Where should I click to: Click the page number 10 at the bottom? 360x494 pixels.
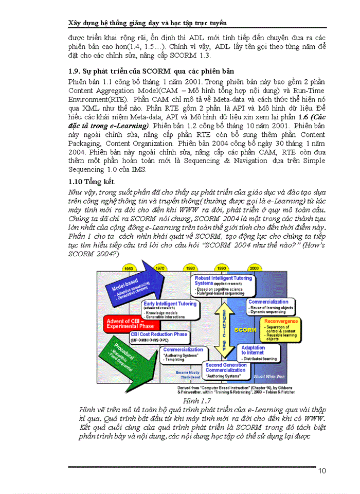pos(322,470)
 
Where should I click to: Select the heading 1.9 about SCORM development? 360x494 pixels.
pos(151,70)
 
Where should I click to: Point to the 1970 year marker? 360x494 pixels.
pos(160,268)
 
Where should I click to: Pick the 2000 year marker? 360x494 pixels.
pos(254,268)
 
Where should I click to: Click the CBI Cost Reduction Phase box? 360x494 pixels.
pos(159,337)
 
